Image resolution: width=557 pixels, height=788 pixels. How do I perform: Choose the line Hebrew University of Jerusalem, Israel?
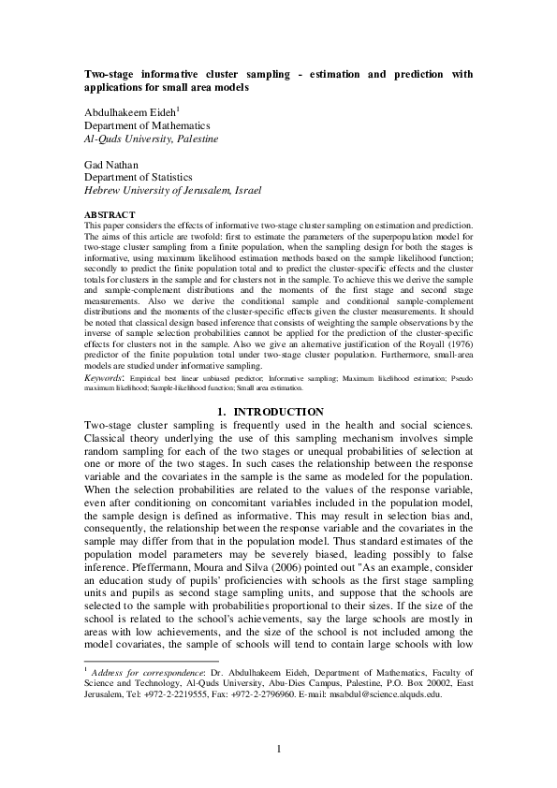173,189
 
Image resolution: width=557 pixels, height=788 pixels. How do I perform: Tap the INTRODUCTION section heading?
286,412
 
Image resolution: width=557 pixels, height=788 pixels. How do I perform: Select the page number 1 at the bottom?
278,747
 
